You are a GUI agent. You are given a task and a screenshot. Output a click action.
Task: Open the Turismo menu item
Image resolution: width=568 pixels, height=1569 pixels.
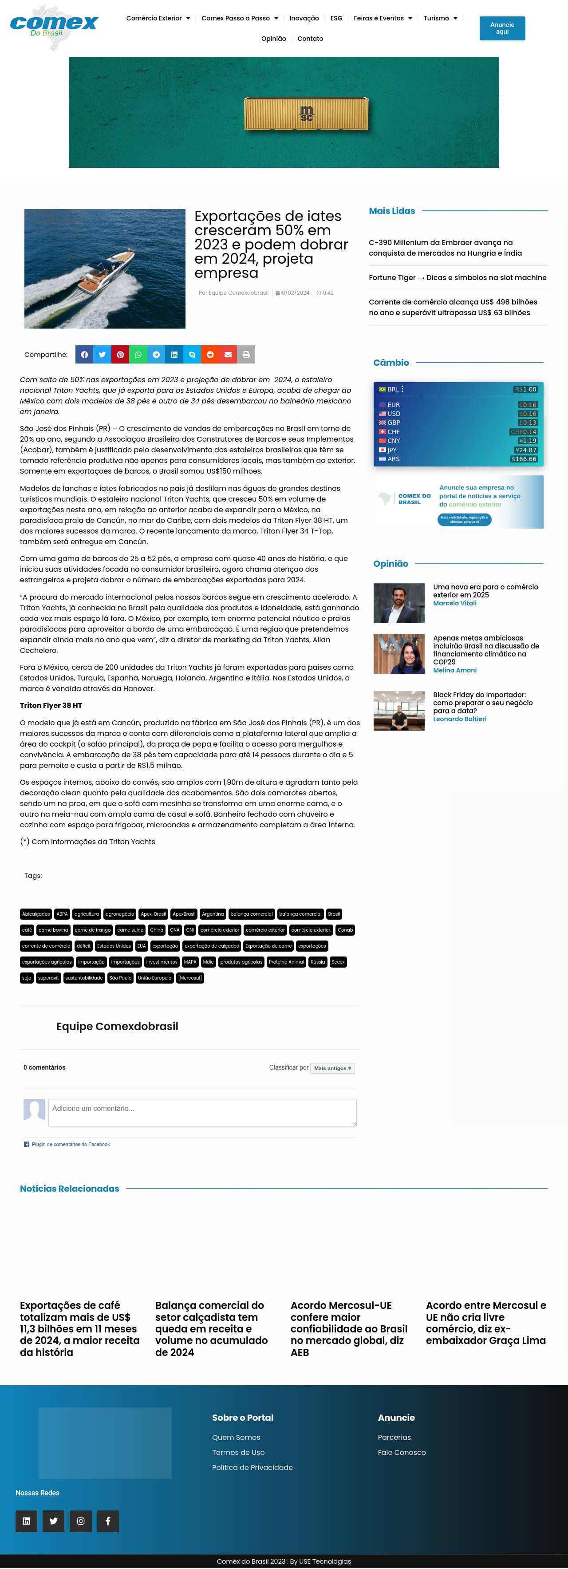point(440,18)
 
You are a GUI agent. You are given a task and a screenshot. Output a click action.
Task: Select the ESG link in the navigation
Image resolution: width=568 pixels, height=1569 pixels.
point(336,18)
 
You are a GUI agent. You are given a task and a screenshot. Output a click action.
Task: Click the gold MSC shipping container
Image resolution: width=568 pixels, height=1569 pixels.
point(306,114)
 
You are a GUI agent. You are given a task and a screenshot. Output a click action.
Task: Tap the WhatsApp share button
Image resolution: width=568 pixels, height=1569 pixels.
point(138,355)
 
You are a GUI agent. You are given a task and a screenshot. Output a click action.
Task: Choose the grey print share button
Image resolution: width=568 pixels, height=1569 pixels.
point(246,355)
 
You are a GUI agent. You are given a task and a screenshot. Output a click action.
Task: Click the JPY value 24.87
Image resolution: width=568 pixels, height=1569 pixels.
point(527,450)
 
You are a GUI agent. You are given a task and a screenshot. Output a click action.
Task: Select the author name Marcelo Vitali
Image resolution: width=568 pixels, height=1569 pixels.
point(454,603)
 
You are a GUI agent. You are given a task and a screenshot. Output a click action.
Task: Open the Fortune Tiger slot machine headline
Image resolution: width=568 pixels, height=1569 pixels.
point(457,278)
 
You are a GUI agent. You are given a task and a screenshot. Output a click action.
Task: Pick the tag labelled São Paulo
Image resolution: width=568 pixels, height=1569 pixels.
point(121,978)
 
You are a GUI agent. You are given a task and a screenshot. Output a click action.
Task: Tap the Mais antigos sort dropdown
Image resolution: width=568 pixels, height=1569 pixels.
point(332,1068)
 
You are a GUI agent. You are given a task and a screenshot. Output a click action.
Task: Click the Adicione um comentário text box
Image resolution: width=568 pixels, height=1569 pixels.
point(202,1112)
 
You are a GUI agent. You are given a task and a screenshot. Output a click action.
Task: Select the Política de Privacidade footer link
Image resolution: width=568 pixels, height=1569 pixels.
point(252,1467)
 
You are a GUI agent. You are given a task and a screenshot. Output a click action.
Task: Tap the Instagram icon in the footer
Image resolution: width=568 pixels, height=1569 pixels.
point(80,1521)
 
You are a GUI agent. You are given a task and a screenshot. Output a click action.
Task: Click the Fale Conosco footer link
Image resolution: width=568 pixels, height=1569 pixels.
point(401,1452)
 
